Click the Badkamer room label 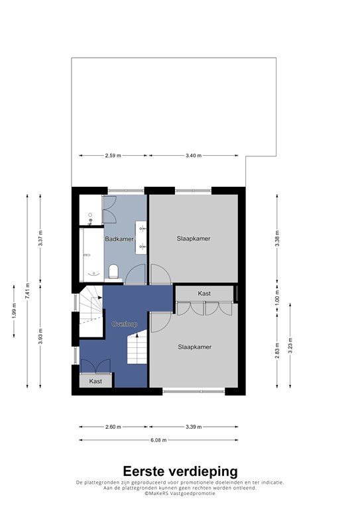tap(119, 239)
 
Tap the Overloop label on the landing tap(125, 324)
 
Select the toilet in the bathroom tap(113, 272)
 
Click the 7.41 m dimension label tap(28, 291)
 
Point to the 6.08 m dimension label tap(158, 440)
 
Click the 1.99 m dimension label tap(15, 311)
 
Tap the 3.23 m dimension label tap(290, 345)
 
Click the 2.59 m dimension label tap(113, 156)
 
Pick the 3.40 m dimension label tap(194, 156)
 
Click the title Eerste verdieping tap(180, 471)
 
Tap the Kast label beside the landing tap(95, 381)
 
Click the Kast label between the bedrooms tap(204, 294)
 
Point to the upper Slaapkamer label tap(194, 239)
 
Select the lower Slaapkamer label tap(194, 347)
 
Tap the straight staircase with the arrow tap(137, 347)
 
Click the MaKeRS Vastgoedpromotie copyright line tap(180, 493)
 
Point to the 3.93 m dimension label tap(40, 336)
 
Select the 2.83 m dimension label tap(277, 351)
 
